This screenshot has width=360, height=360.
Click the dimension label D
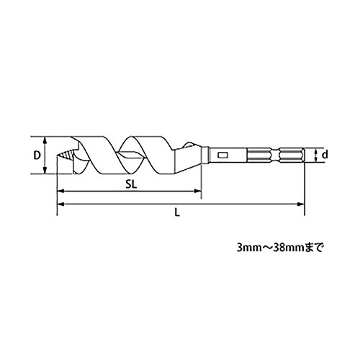click(37, 156)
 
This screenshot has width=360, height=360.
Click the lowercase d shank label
click(325, 155)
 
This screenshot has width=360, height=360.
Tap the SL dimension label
click(131, 184)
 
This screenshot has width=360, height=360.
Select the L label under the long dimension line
click(177, 212)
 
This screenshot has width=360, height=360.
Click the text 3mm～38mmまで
click(280, 248)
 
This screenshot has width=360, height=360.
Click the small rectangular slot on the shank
click(222, 156)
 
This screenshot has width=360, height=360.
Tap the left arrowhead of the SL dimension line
click(61, 192)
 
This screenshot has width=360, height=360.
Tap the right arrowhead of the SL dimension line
click(197, 192)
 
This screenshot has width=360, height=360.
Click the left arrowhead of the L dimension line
click(61, 204)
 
